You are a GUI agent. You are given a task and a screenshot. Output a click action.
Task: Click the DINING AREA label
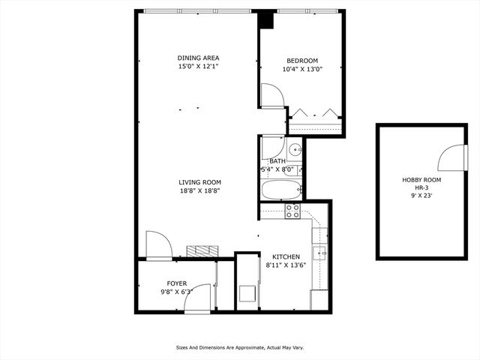[198, 58]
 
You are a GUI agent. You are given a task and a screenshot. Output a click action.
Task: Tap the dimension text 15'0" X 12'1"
[198, 67]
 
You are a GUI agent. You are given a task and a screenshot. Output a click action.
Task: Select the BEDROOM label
[302, 61]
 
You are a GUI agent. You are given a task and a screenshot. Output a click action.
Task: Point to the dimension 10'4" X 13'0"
[302, 70]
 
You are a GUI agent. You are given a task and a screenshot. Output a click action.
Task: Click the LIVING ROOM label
[199, 182]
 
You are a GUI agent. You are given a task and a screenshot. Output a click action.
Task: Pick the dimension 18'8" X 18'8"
[199, 191]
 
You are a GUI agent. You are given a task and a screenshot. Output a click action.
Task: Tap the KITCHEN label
[286, 256]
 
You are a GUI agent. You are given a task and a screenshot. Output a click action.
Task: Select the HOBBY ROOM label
[421, 180]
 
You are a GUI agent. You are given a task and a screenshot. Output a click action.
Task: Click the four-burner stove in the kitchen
[292, 211]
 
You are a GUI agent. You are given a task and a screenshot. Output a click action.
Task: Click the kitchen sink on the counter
[322, 253]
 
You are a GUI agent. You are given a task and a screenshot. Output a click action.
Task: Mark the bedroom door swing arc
[271, 97]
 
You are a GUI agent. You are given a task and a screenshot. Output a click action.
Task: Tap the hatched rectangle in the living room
[202, 250]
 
